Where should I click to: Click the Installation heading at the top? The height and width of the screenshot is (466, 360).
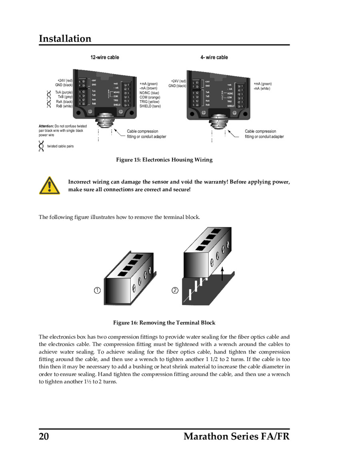click(65, 38)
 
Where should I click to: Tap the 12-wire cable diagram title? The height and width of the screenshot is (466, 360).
click(104, 57)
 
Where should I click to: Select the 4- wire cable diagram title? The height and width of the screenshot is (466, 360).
click(214, 57)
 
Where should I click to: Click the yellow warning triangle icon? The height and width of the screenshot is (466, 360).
click(49, 186)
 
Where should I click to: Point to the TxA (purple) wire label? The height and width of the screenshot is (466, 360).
click(64, 92)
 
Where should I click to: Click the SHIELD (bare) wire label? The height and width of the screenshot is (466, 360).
click(150, 106)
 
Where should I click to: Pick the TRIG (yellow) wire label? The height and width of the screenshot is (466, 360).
click(149, 102)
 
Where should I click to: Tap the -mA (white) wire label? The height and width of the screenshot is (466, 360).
click(262, 88)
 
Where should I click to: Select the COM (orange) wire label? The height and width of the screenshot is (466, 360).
click(150, 97)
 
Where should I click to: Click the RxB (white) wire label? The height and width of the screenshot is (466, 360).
click(64, 106)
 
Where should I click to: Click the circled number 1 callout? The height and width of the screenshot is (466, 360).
click(97, 290)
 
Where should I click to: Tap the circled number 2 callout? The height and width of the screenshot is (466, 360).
click(175, 290)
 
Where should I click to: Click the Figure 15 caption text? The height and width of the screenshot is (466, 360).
click(164, 160)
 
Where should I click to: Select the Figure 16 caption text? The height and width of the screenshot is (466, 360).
click(164, 323)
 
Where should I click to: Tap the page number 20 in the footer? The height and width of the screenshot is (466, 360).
click(44, 436)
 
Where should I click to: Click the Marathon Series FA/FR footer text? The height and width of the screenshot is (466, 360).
click(236, 436)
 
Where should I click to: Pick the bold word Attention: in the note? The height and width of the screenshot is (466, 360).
click(46, 126)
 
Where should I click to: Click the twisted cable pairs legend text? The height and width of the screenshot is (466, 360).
click(60, 146)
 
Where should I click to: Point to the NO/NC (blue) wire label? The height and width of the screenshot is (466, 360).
click(149, 93)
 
